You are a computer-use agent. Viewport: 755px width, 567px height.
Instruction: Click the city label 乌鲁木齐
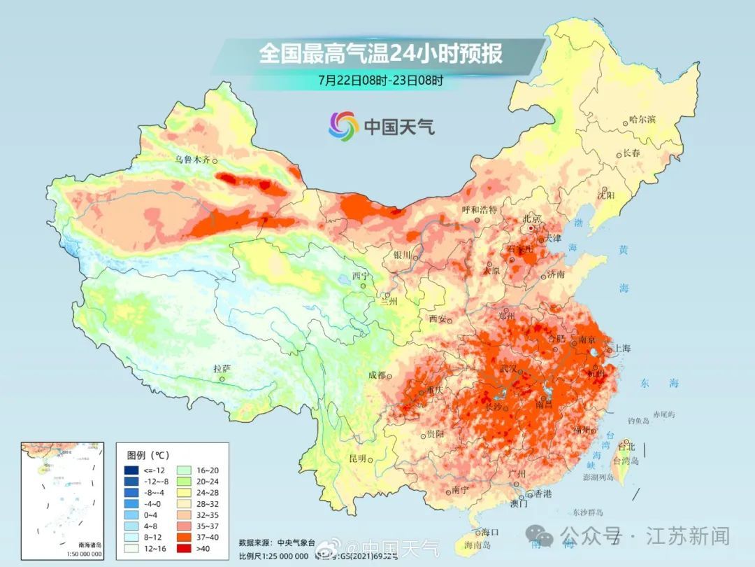click(192, 160)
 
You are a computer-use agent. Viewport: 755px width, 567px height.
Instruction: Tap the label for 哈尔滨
click(642, 120)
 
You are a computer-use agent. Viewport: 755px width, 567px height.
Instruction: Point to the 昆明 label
click(357, 458)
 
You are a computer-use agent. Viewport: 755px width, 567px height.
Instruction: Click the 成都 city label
click(377, 375)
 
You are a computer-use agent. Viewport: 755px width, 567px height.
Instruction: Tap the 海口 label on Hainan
click(490, 532)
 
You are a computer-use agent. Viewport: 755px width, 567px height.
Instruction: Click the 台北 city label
click(626, 446)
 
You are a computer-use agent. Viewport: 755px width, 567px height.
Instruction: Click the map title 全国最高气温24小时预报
click(380, 54)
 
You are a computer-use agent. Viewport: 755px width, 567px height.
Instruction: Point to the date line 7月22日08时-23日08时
click(380, 80)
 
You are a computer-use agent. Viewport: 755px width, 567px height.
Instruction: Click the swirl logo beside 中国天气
click(343, 126)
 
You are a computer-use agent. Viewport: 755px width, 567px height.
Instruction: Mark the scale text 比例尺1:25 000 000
click(273, 556)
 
